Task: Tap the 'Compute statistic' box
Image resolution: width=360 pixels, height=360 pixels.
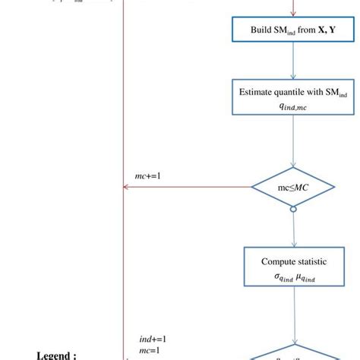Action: tap(293, 267)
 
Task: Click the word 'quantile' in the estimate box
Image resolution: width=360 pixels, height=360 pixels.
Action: tap(285, 91)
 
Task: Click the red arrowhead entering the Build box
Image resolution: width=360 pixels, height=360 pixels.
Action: tap(293, 11)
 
